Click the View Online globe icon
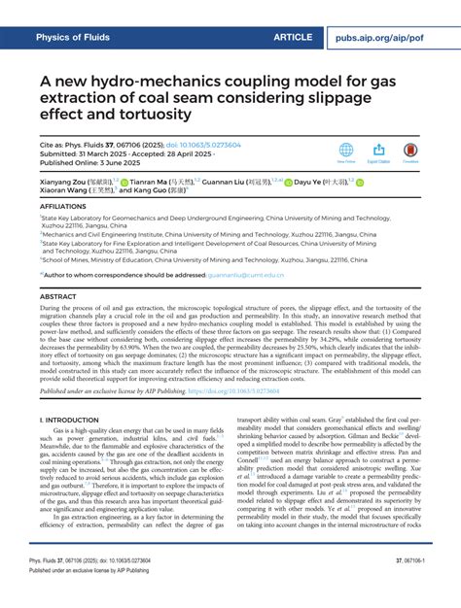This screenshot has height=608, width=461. click(x=345, y=150)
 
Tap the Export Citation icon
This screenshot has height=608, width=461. click(x=380, y=150)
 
